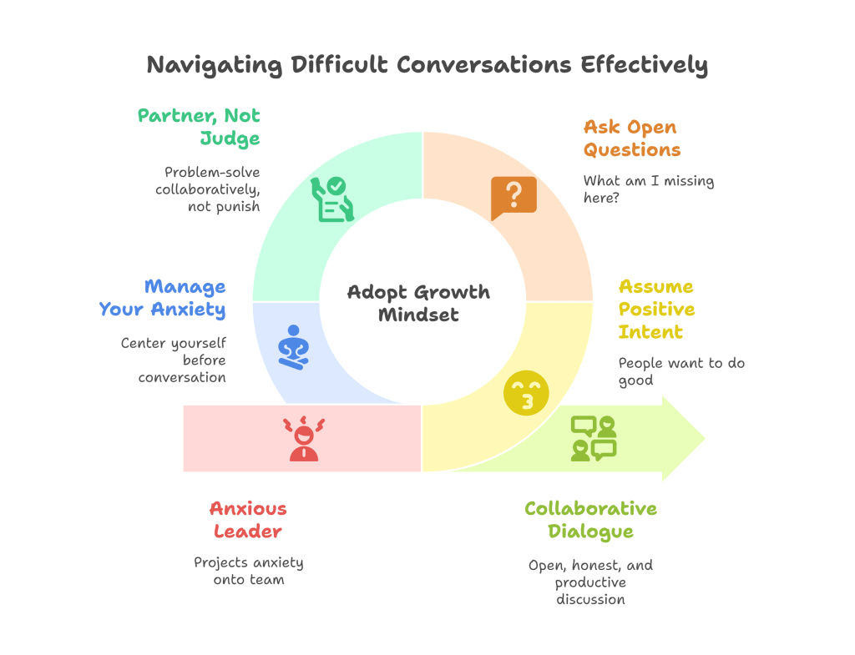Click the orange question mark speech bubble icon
pos(514,197)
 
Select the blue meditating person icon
pos(294,347)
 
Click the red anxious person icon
pos(304,438)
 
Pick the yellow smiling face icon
pos(527,393)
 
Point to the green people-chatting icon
pos(594,438)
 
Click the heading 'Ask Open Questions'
pos(630,139)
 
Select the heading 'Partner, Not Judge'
pos(200,127)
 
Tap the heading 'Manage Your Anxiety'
pos(163,298)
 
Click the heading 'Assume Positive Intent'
pos(656,309)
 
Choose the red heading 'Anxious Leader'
pos(248,519)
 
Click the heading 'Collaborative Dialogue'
pos(590,519)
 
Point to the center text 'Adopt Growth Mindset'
pos(418,303)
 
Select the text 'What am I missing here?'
pos(648,189)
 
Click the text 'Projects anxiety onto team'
pos(248,570)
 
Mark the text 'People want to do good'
pos(681,371)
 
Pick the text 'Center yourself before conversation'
pos(174,360)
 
